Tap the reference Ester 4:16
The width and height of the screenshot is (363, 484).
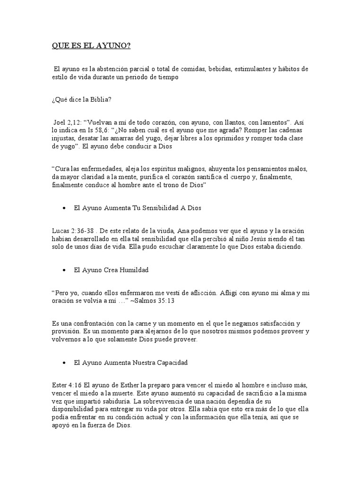coord(66,385)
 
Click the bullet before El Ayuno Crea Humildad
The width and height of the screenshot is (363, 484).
coord(64,270)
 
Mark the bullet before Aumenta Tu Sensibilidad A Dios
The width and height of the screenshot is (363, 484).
coord(64,208)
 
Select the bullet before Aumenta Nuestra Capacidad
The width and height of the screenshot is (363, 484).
coord(64,363)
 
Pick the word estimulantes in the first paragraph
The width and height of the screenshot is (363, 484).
coord(253,69)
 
